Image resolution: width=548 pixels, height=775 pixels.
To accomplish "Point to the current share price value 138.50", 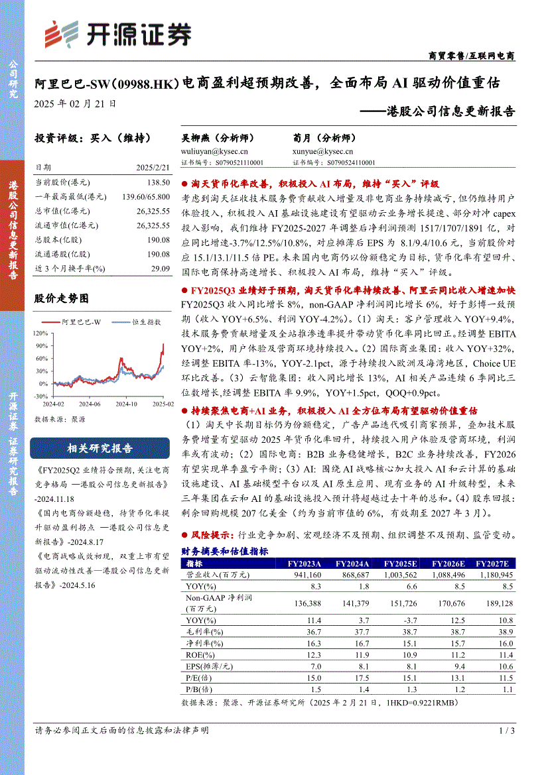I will coord(160,182).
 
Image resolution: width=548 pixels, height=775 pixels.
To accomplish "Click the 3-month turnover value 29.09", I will coord(160,268).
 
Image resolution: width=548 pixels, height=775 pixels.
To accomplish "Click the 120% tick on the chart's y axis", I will coord(41,333).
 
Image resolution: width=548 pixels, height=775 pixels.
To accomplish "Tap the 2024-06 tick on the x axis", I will coord(87,404).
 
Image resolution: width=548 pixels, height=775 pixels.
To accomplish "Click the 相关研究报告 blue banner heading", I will coord(100,449).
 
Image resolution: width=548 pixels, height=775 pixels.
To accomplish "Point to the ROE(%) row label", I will coord(198,654).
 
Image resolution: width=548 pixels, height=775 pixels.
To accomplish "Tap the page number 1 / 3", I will coord(506,731).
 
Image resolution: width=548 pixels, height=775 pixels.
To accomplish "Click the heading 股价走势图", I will coord(62,299).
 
